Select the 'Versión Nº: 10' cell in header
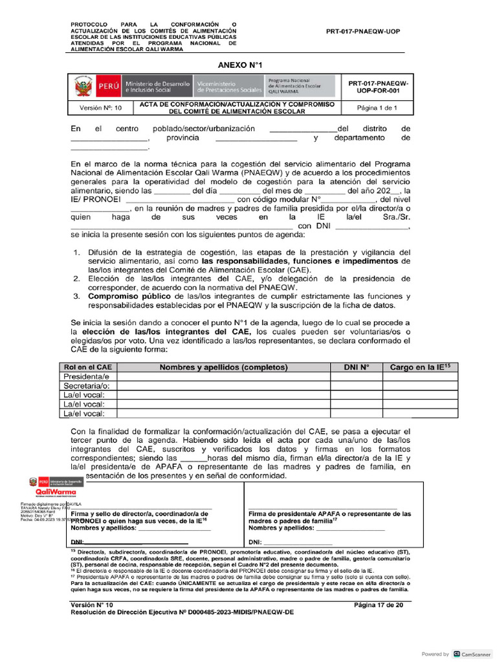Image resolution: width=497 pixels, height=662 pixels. click(x=100, y=108)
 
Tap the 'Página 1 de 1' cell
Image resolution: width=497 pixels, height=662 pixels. click(x=377, y=108)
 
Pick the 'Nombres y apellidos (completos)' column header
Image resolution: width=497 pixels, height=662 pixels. click(x=224, y=367)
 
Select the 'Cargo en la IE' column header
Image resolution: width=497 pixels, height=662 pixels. click(x=415, y=367)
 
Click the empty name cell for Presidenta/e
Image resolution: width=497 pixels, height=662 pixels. click(x=224, y=376)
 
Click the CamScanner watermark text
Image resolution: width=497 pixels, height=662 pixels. click(x=476, y=654)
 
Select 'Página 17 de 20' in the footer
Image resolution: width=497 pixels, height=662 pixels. click(x=379, y=604)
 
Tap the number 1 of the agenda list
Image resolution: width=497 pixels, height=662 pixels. click(x=76, y=252)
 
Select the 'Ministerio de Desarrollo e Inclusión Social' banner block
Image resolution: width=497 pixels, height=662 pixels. click(x=157, y=87)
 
